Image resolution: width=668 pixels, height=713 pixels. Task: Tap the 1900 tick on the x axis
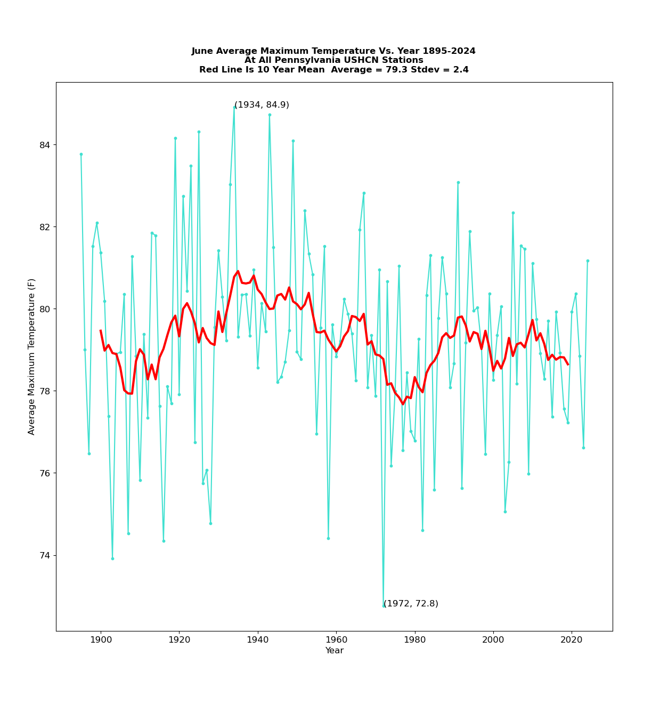click(x=101, y=631)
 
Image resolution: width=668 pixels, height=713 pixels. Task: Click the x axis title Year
click(x=335, y=651)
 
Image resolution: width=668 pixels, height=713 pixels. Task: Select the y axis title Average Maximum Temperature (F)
click(x=32, y=356)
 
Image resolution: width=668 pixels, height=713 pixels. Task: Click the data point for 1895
click(x=81, y=154)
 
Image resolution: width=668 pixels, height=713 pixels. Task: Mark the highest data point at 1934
click(x=234, y=107)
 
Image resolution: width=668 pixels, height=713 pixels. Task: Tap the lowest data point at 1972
click(x=384, y=605)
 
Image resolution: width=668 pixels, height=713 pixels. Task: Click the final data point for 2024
click(x=588, y=261)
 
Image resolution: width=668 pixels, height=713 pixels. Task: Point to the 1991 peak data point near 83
click(x=458, y=182)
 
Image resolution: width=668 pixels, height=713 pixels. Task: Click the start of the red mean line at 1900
click(x=101, y=330)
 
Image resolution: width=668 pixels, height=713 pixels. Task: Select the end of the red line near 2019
click(x=568, y=364)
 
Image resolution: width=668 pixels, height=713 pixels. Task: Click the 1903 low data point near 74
click(x=112, y=558)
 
